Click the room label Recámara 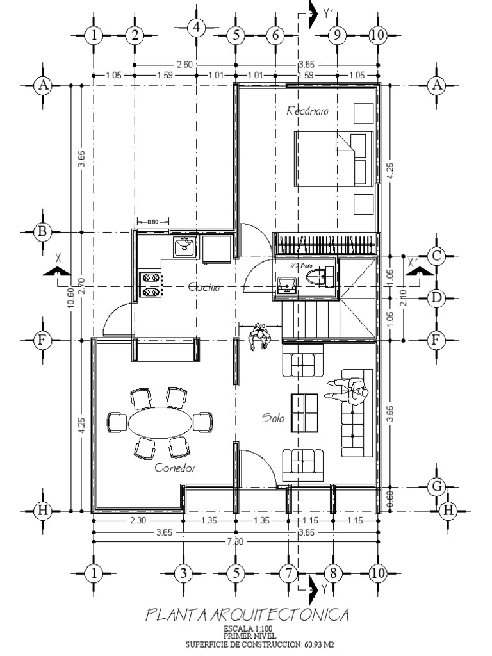point(307,111)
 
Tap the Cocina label point(204,288)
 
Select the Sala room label point(272,418)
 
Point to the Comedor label point(175,468)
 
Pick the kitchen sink point(184,246)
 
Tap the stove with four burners point(151,285)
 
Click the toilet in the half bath point(316,277)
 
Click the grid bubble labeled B point(42,231)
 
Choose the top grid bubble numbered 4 point(196,28)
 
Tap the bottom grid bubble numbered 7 point(288,573)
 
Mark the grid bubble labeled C point(436,256)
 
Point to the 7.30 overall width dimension point(235,541)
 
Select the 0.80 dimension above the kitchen point(152,222)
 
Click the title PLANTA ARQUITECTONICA point(248,616)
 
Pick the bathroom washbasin point(286,284)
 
